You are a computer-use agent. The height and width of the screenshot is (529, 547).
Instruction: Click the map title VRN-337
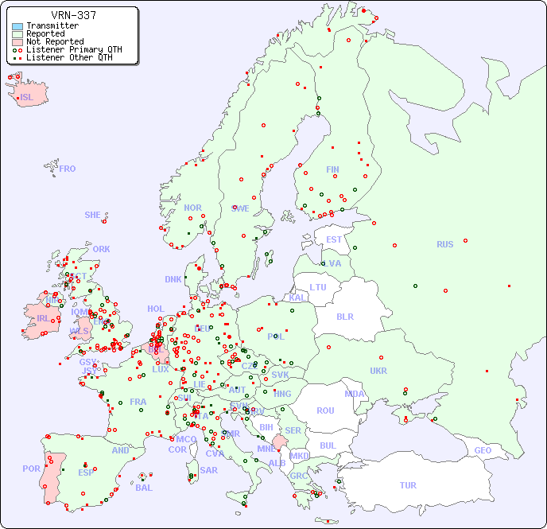point(74,15)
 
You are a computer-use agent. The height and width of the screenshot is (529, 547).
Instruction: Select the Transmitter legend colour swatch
point(17,26)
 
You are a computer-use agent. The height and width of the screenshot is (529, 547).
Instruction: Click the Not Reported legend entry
point(54,41)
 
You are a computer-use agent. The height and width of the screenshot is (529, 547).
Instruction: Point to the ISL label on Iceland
point(27,98)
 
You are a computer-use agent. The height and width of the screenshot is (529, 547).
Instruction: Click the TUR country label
point(408,485)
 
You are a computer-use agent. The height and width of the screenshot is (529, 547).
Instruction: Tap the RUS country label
point(444,244)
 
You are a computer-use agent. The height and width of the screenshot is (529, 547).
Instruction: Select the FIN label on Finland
point(332,169)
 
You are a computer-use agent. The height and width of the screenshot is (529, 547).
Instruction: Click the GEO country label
point(483,450)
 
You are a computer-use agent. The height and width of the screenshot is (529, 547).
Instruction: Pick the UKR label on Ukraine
point(378,371)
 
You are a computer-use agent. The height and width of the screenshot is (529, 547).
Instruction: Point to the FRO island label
point(68,169)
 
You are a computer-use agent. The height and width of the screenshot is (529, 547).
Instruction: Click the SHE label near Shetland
point(93,215)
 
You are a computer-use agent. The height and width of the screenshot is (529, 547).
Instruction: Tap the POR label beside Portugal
point(31,469)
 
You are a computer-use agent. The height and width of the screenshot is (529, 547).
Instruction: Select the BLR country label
point(345,316)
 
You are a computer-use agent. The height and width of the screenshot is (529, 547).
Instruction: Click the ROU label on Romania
point(325,410)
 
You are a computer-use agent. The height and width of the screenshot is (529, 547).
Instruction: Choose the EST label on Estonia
point(334,239)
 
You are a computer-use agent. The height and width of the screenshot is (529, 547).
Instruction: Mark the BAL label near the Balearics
point(143,488)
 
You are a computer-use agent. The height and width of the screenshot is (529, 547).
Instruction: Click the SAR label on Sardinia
point(209,470)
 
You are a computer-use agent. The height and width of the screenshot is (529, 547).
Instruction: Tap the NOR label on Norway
point(192,208)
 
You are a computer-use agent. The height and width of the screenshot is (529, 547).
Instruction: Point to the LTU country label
point(318,287)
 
